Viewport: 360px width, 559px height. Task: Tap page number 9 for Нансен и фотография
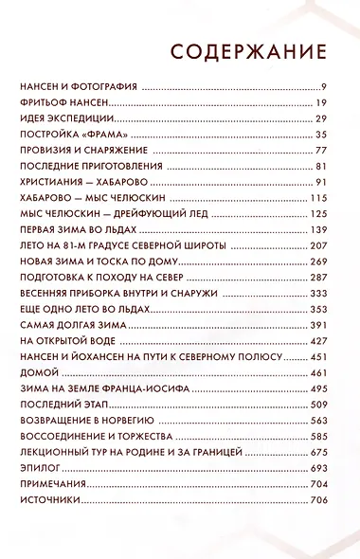(323, 86)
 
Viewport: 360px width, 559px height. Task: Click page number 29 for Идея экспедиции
(320, 118)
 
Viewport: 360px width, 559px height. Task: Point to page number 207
(317, 245)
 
